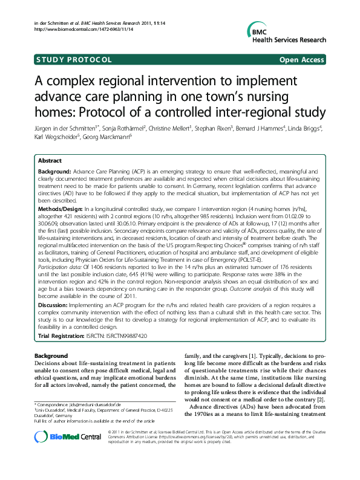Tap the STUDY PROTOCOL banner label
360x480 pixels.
[74, 60]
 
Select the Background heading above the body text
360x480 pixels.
[51, 357]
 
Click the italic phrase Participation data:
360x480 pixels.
[64, 281]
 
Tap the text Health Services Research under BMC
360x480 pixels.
[288, 40]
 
